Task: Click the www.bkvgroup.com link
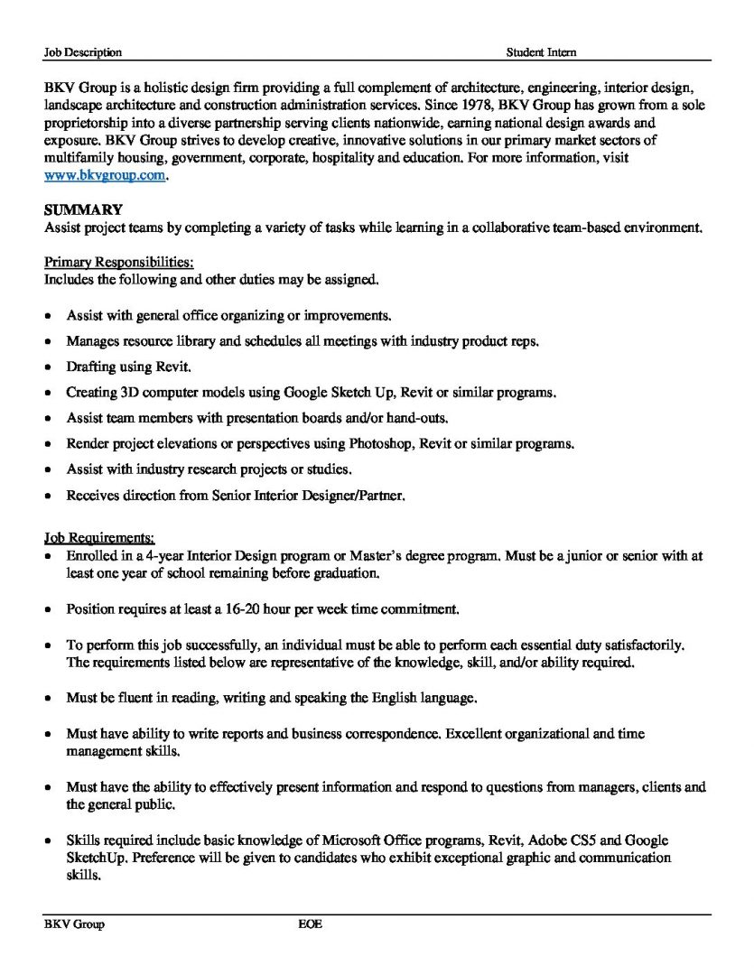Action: coord(105,176)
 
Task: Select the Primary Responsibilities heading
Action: coord(118,263)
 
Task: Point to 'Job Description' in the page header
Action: coord(83,53)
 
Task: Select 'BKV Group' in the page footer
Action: coord(74,925)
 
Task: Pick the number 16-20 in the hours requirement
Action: coord(234,609)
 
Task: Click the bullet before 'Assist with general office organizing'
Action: coord(48,317)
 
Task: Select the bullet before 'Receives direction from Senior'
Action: coord(48,497)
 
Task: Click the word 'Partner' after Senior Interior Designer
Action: coord(386,496)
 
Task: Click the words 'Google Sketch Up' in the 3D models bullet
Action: coord(334,393)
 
